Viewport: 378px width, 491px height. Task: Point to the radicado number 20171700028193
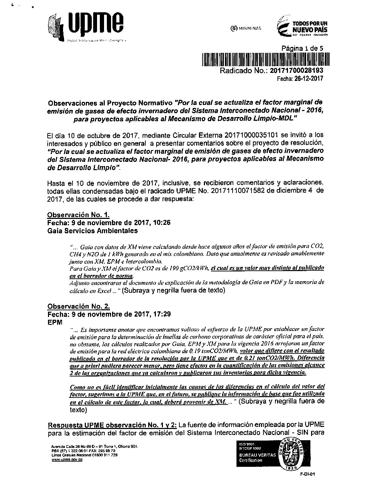pyautogui.click(x=297, y=70)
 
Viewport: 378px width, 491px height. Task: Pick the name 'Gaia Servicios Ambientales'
pyautogui.click(x=92, y=231)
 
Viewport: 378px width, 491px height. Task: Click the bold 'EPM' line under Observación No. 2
pyautogui.click(x=54, y=322)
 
